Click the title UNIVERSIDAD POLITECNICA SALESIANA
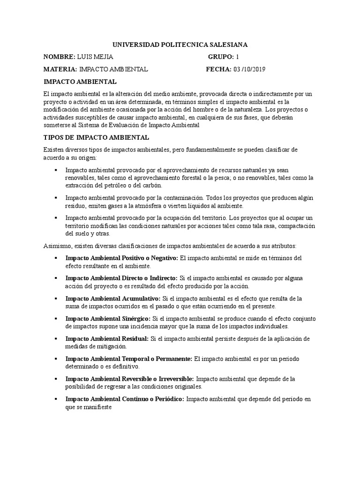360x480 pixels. (180, 45)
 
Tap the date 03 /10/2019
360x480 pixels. (249, 69)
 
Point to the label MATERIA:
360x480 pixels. (60, 69)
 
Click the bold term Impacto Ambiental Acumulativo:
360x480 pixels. (113, 298)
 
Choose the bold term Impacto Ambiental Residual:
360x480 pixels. (107, 338)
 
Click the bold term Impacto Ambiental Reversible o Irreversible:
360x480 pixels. (130, 379)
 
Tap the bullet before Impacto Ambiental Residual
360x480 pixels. (56, 338)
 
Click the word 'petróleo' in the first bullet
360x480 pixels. (109, 185)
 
